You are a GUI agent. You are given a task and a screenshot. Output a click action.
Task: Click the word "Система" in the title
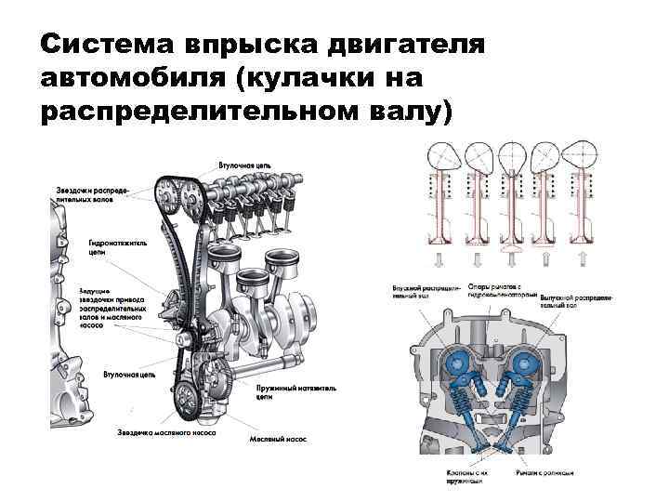103,44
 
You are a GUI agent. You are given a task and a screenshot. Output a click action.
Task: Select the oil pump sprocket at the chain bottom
185,401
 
